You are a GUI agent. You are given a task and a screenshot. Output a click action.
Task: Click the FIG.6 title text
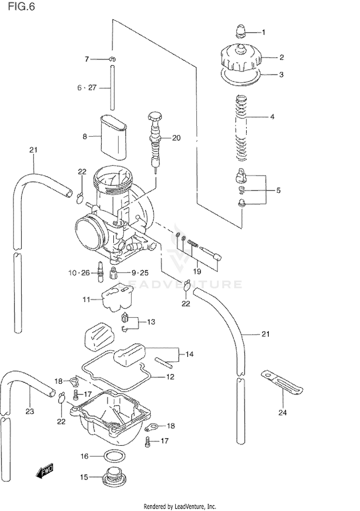click(21, 6)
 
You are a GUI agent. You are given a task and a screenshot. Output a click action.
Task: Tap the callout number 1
click(264, 32)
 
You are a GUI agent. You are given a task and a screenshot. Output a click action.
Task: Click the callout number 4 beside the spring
click(272, 117)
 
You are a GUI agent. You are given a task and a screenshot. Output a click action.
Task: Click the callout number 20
click(176, 138)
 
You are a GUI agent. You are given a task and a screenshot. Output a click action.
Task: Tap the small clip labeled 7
click(112, 59)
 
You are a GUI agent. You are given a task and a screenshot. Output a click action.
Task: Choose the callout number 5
click(278, 190)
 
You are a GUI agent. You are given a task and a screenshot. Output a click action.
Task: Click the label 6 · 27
click(87, 87)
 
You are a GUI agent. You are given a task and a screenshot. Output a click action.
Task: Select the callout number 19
click(197, 271)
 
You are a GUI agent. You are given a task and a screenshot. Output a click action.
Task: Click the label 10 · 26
click(79, 273)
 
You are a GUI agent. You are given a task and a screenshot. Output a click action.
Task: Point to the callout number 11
click(86, 299)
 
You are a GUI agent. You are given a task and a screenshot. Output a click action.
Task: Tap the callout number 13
click(151, 322)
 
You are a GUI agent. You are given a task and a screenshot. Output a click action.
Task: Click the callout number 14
click(190, 354)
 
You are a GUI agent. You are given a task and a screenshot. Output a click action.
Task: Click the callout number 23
click(30, 412)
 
